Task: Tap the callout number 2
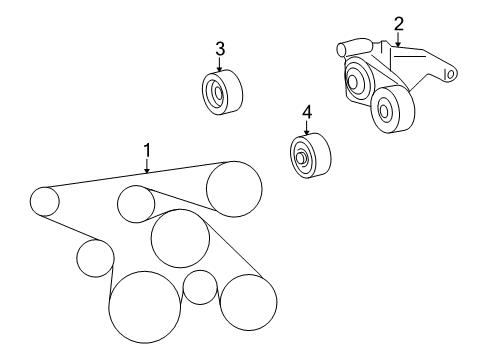[398, 23]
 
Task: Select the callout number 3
[219, 49]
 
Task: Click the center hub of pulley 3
[217, 95]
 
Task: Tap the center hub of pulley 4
[301, 158]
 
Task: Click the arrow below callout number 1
[146, 167]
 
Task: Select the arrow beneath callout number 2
[398, 41]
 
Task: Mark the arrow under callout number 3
[219, 65]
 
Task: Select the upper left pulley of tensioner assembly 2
[356, 81]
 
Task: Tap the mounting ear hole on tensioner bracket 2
[451, 73]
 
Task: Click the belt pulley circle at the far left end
[44, 202]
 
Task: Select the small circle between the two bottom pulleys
[200, 287]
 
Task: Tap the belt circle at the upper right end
[234, 187]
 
